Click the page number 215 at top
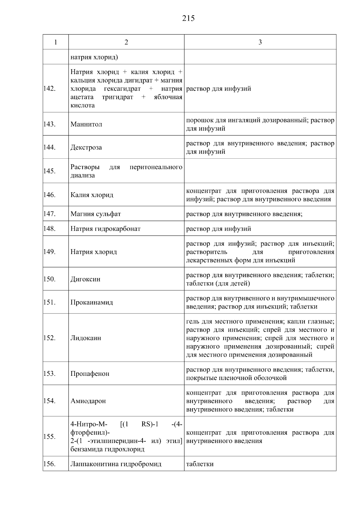[188, 19]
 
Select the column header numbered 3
[260, 42]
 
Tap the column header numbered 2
[126, 42]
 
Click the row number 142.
[49, 89]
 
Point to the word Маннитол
[86, 124]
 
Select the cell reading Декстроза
[86, 148]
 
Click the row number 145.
[49, 171]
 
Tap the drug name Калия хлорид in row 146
[92, 195]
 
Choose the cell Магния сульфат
[96, 214]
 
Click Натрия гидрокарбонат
[105, 229]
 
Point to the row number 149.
[49, 252]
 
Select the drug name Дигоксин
[85, 279]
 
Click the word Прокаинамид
[91, 302]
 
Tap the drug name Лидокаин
[85, 338]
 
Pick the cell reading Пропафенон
[90, 374]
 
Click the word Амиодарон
[88, 401]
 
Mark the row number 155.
[49, 437]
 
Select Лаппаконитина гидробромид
[116, 464]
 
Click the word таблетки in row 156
[200, 464]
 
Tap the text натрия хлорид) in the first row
[94, 57]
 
